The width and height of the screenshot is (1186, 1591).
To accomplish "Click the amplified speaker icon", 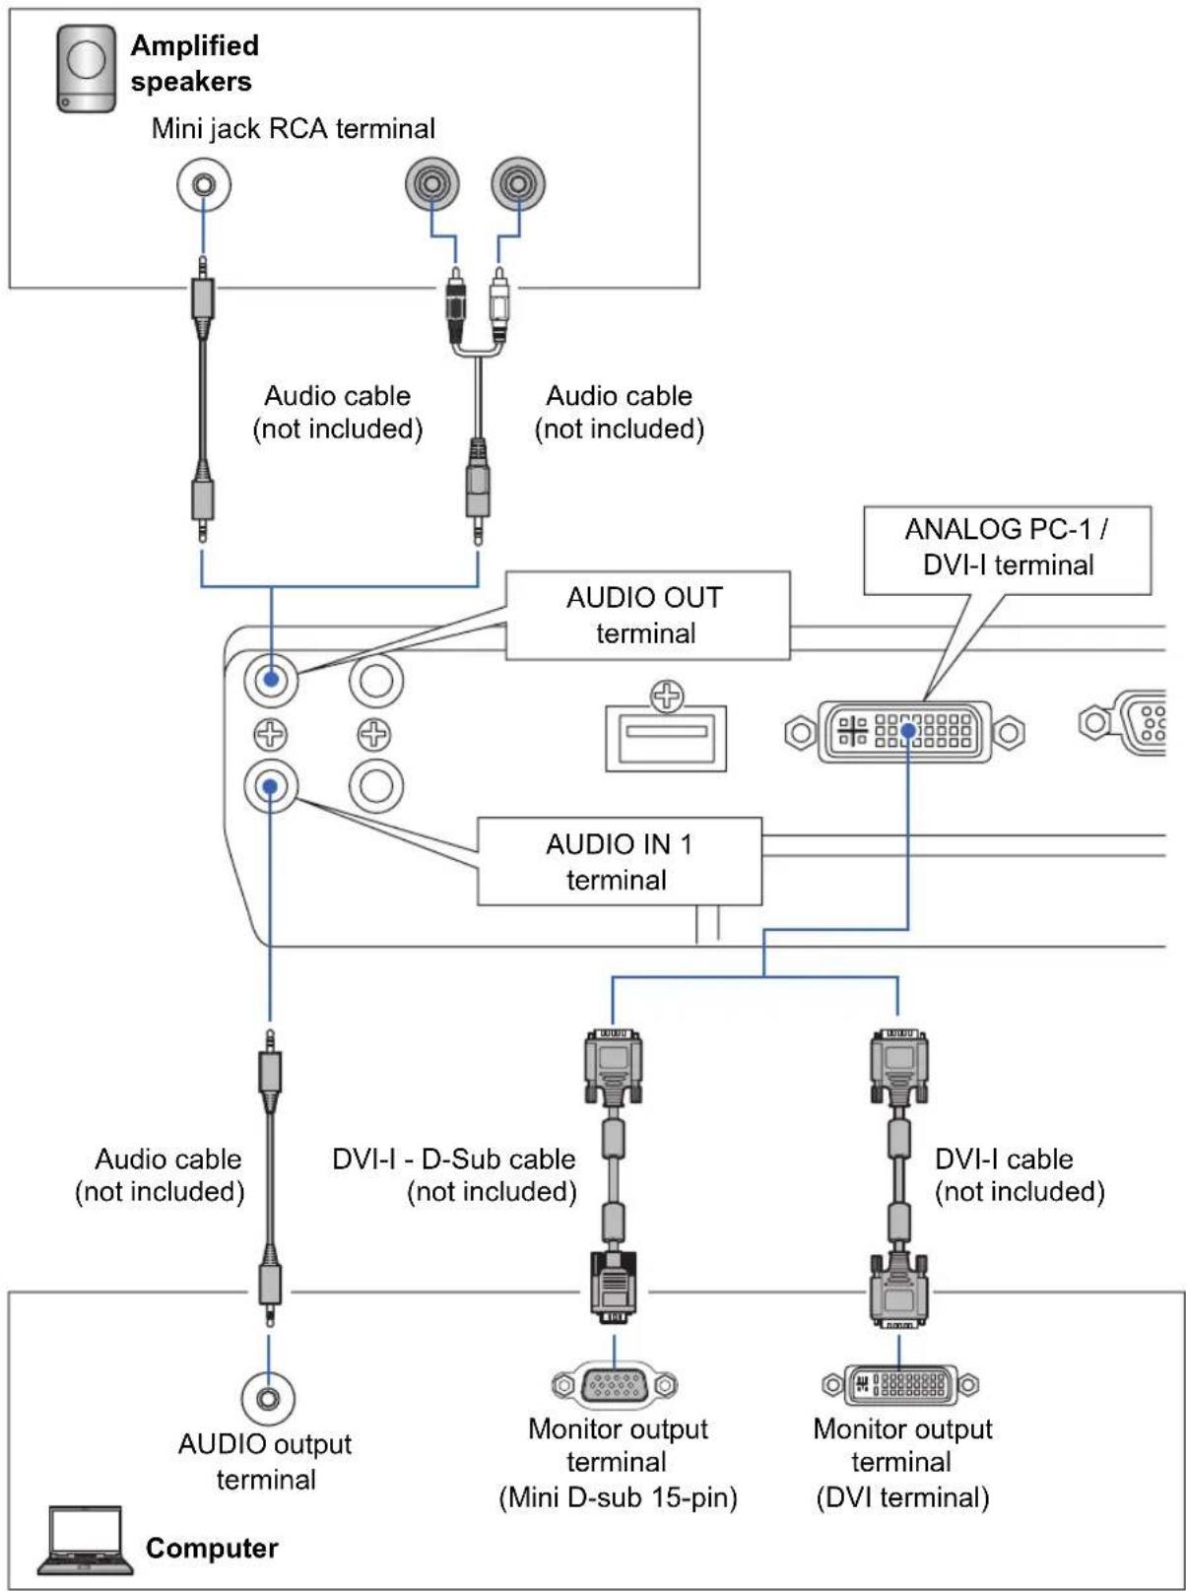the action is click(87, 69).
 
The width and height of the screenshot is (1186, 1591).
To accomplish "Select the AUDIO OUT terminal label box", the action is click(647, 616).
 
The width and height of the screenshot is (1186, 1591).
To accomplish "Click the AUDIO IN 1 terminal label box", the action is click(620, 861).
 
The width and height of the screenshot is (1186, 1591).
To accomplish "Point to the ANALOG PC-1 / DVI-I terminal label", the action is click(1007, 550).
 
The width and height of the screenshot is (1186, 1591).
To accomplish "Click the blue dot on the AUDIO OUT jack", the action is click(271, 680).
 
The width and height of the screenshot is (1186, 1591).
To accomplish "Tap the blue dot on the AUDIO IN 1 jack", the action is click(270, 786).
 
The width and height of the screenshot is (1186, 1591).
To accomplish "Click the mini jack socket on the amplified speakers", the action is click(204, 185).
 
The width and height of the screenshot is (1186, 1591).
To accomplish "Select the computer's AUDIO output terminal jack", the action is click(268, 1398).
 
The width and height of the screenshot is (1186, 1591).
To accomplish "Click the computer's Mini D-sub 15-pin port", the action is click(615, 1385).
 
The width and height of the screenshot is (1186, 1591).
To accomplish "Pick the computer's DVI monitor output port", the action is click(900, 1385).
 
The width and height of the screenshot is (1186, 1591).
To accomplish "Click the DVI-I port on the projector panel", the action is click(905, 731).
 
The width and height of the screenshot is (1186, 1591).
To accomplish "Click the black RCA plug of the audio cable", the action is click(455, 303).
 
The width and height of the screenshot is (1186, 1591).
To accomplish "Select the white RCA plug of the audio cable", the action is click(499, 303).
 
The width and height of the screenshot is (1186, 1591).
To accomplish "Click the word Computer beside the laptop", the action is click(212, 1549).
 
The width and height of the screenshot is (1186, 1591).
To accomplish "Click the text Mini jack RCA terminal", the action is click(294, 129).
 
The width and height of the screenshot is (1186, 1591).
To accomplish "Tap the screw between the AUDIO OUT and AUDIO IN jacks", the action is click(270, 734).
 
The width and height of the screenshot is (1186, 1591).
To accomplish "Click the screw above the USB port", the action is click(667, 696).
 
